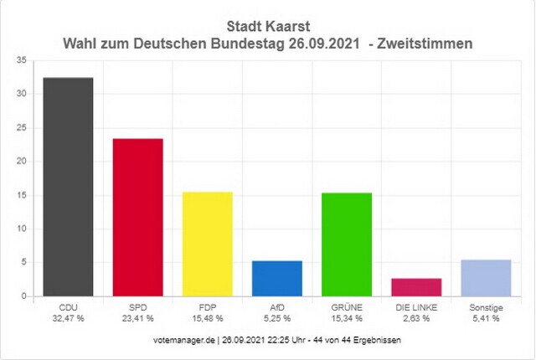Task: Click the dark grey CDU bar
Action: (x=68, y=187)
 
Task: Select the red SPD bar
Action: (x=137, y=218)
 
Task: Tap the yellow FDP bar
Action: (x=207, y=244)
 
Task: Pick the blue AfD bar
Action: (x=277, y=279)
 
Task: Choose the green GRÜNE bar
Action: (x=347, y=244)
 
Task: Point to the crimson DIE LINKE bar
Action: (x=416, y=287)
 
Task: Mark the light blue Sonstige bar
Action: (x=486, y=278)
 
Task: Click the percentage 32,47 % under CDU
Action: (x=68, y=318)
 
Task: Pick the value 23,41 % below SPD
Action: (x=137, y=318)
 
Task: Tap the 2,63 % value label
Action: (x=416, y=318)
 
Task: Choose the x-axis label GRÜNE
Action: (x=347, y=308)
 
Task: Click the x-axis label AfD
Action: (x=277, y=308)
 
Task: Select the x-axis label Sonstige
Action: (x=486, y=308)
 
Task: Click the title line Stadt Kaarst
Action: (x=268, y=25)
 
